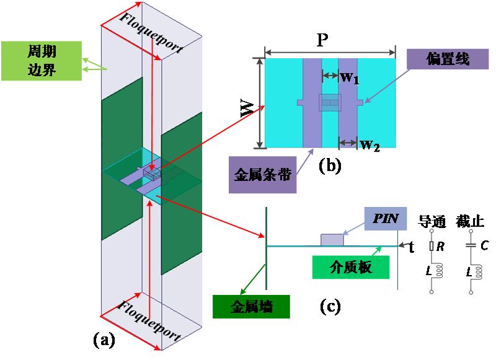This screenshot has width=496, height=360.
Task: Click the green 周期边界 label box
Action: pos(41,61)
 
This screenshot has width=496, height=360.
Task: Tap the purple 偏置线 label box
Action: pos(438,59)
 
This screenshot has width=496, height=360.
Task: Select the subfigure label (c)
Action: pos(330,305)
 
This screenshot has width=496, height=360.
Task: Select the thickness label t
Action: pos(411,247)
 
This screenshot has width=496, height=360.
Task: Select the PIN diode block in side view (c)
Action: pos(330,240)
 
